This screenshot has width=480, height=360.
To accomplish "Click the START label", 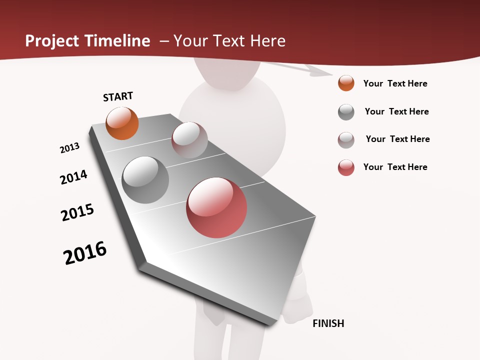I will [118, 96].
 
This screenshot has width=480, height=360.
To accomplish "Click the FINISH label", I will [328, 323].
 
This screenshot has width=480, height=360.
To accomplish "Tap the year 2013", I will [70, 148].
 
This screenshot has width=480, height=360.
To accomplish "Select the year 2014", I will [74, 177].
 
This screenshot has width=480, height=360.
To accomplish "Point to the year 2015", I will [77, 212].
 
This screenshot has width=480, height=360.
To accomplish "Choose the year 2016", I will [85, 253].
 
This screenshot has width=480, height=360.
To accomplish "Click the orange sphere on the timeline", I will [122, 123].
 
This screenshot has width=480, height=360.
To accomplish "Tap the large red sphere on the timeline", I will [216, 207].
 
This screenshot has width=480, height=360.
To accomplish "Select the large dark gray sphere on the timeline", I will [145, 180].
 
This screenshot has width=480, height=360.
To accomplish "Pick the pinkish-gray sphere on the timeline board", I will [189, 140].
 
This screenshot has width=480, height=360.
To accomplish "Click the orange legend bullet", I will [346, 83].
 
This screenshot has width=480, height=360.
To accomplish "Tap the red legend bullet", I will [346, 167].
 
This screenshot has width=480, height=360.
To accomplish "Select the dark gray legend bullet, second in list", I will [346, 112].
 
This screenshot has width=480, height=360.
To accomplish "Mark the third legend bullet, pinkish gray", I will [346, 140].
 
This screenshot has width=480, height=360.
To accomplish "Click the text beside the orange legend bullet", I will [395, 83].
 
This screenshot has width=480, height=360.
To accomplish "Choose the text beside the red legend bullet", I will [395, 167].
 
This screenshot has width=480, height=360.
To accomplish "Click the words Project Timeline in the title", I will [87, 41].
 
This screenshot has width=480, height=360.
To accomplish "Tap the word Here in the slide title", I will [267, 41].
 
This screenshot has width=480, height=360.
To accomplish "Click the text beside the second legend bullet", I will [396, 111].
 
